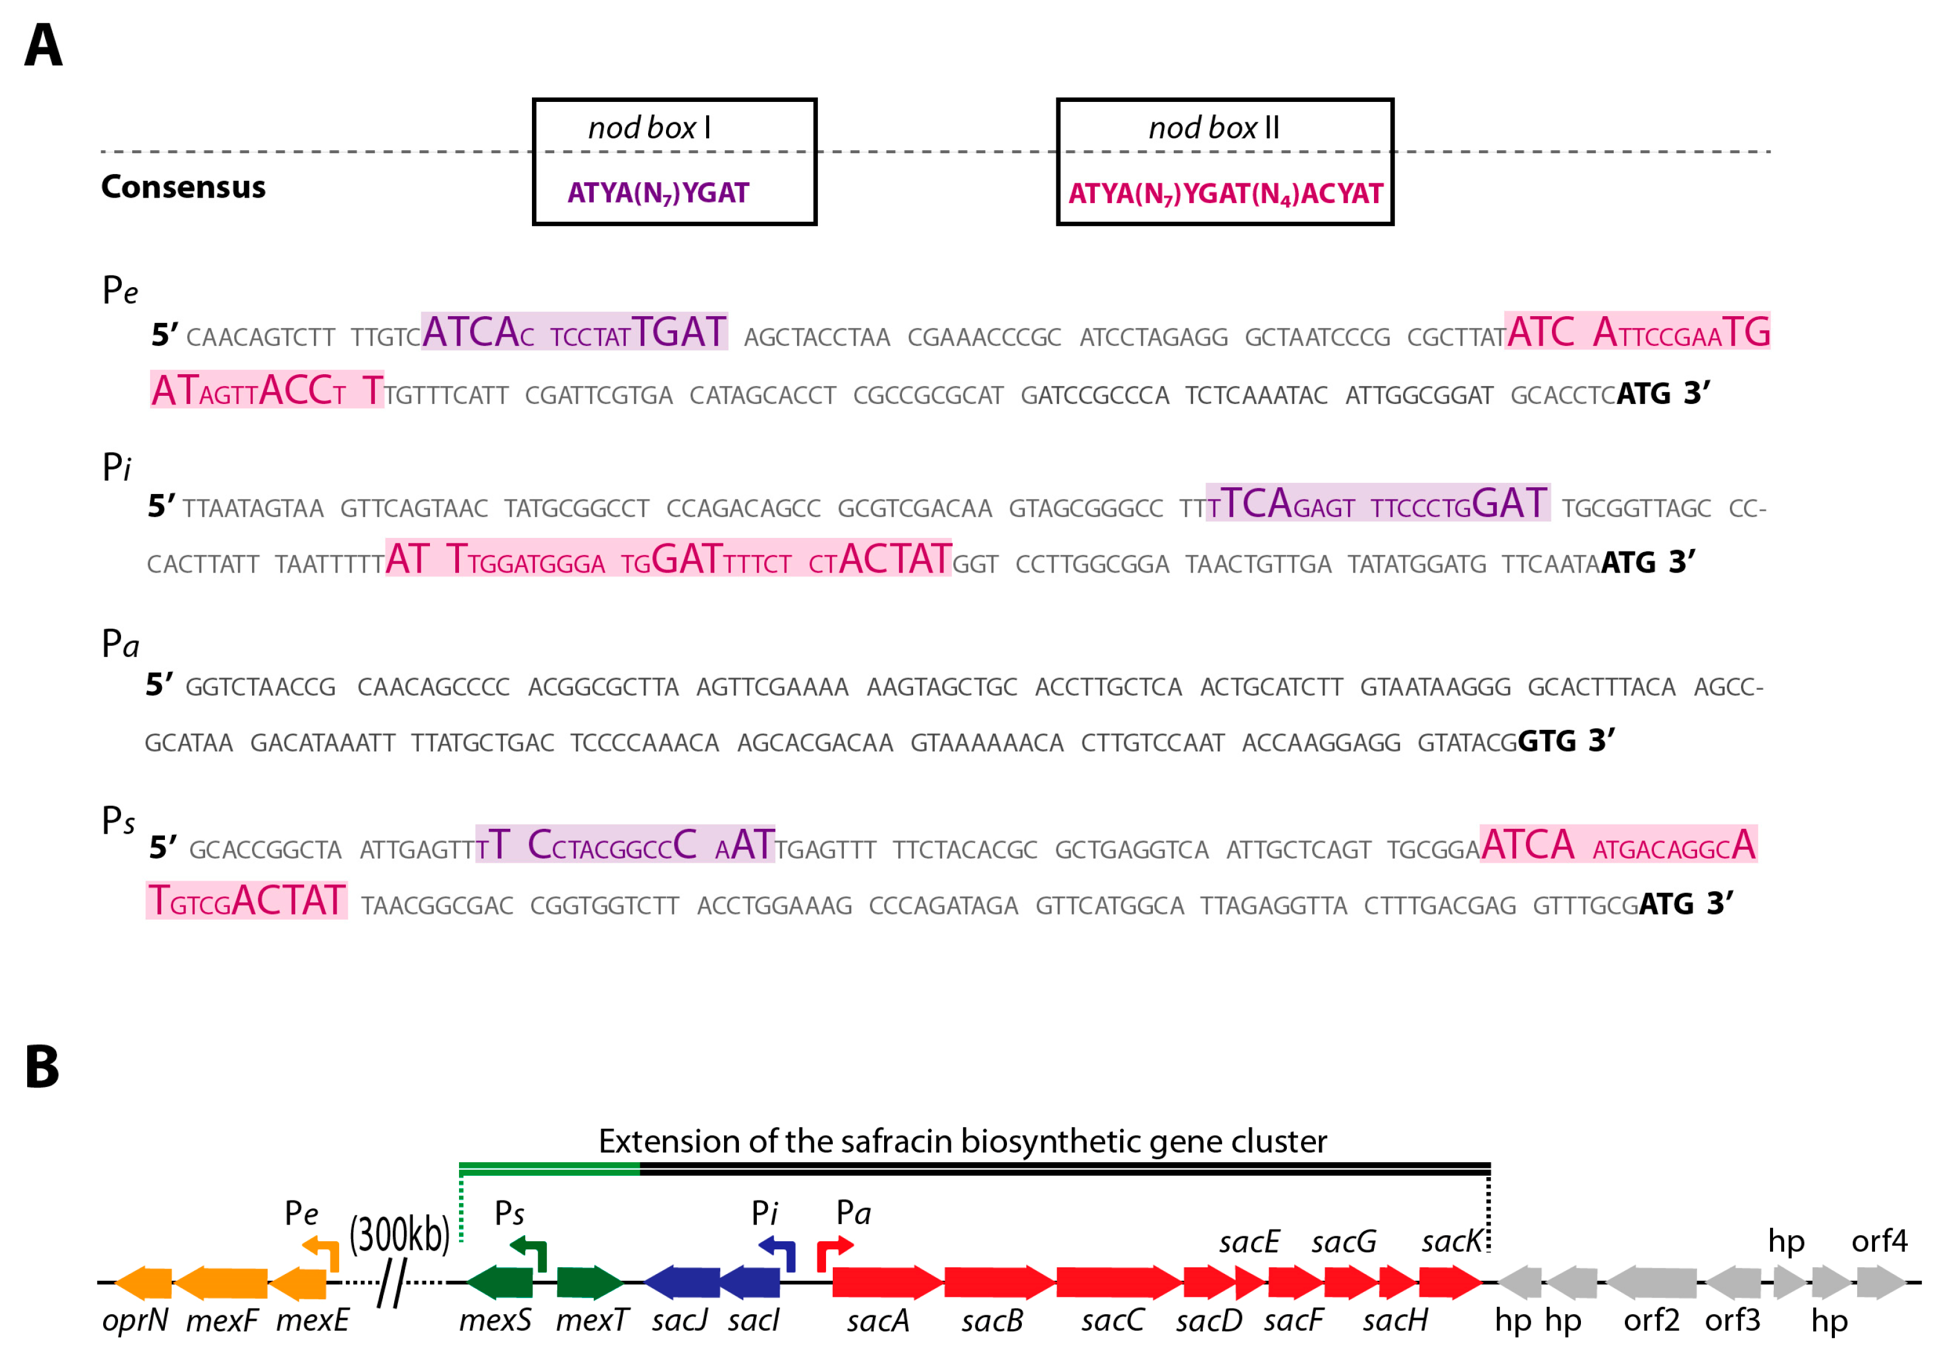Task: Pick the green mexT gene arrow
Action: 589,1283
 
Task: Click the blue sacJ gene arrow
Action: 681,1283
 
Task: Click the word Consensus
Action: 183,187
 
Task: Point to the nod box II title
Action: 1213,128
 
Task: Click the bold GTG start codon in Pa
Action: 1547,741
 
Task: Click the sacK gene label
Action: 1451,1241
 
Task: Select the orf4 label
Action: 1879,1241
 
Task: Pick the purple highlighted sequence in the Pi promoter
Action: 1378,503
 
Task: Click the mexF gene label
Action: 222,1320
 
